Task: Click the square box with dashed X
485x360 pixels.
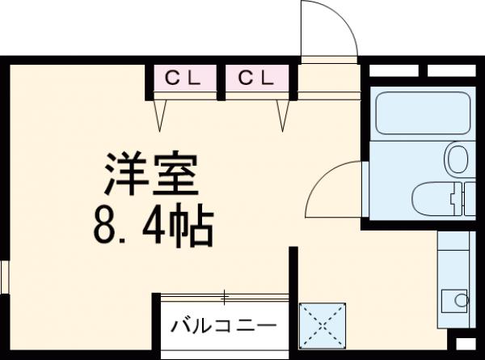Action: [323, 325]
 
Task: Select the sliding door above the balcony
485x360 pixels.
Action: [225, 296]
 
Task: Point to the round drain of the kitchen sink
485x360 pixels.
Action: [461, 300]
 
